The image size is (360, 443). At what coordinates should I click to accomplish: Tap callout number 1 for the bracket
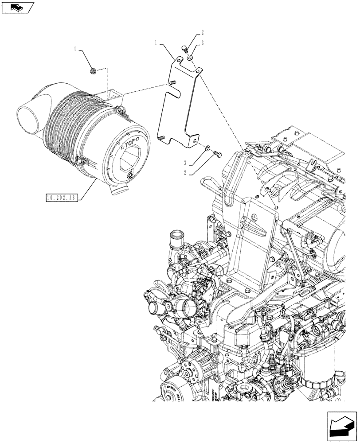(157, 42)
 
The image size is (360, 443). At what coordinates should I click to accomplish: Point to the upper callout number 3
(202, 43)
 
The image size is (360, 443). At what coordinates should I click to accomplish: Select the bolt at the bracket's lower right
(218, 153)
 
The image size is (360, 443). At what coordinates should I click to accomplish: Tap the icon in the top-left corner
(17, 7)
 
